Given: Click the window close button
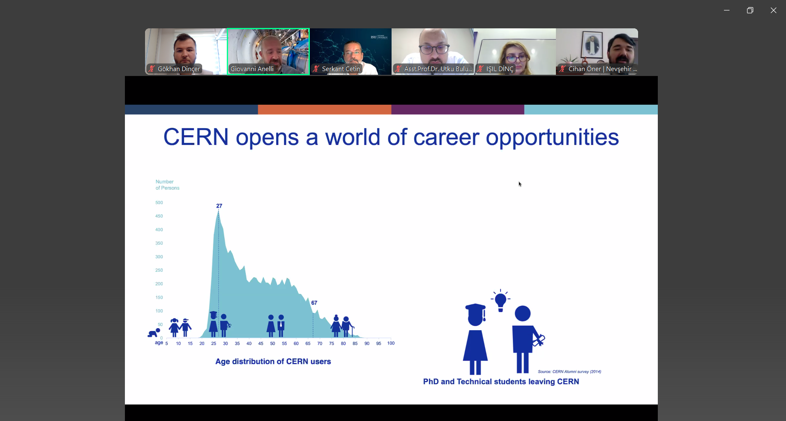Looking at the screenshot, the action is [x=773, y=11].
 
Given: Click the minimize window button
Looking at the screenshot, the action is [x=726, y=11].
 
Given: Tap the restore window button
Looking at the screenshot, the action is [x=750, y=11].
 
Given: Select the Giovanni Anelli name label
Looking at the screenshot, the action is [x=252, y=69].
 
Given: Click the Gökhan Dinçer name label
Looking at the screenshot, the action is [x=179, y=69].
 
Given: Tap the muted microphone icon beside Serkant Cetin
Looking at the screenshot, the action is [x=316, y=69].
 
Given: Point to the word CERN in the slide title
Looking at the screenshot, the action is [x=196, y=137].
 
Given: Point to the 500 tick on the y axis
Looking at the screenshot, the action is [x=159, y=202].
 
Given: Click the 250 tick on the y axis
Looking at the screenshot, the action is [x=159, y=270].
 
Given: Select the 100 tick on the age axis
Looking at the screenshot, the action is [x=391, y=343].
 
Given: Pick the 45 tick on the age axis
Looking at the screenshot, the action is [x=260, y=343].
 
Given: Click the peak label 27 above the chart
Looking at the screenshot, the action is [x=219, y=206].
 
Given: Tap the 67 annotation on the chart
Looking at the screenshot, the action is [x=314, y=303].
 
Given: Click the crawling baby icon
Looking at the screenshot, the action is [x=154, y=333].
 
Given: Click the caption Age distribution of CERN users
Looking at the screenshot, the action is [x=273, y=361].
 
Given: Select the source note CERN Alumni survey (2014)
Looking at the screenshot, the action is [x=569, y=372].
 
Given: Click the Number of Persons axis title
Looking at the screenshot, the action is [x=167, y=185].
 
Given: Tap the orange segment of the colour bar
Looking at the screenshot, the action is [x=325, y=110].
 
